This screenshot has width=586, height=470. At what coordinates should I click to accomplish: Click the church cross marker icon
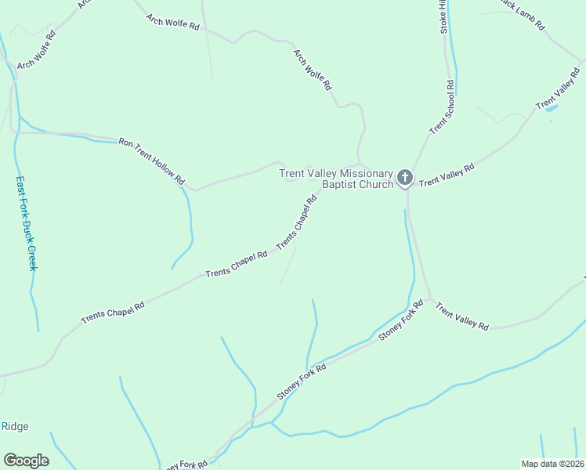click(x=404, y=178)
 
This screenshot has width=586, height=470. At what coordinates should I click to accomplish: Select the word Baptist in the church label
click(x=341, y=185)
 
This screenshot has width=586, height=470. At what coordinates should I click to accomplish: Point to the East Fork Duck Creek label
click(x=27, y=222)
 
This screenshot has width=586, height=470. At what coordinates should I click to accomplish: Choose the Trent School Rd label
click(x=442, y=107)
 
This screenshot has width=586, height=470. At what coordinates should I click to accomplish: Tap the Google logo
click(x=26, y=461)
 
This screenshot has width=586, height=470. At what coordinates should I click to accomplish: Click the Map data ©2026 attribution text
click(x=552, y=463)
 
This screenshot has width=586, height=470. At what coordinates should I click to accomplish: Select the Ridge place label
click(x=15, y=426)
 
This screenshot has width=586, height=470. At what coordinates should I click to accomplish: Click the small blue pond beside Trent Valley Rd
click(x=551, y=109)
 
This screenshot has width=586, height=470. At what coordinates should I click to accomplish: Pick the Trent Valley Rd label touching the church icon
click(x=447, y=175)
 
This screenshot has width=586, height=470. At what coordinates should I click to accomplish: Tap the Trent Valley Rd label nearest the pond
click(x=558, y=93)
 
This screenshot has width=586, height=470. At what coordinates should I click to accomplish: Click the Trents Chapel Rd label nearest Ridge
click(x=114, y=312)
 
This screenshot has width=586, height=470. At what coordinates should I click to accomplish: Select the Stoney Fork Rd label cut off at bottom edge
click(x=185, y=465)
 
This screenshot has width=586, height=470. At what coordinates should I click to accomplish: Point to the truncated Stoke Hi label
click(x=443, y=16)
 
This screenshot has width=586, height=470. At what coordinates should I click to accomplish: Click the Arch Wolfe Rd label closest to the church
click(x=313, y=70)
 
